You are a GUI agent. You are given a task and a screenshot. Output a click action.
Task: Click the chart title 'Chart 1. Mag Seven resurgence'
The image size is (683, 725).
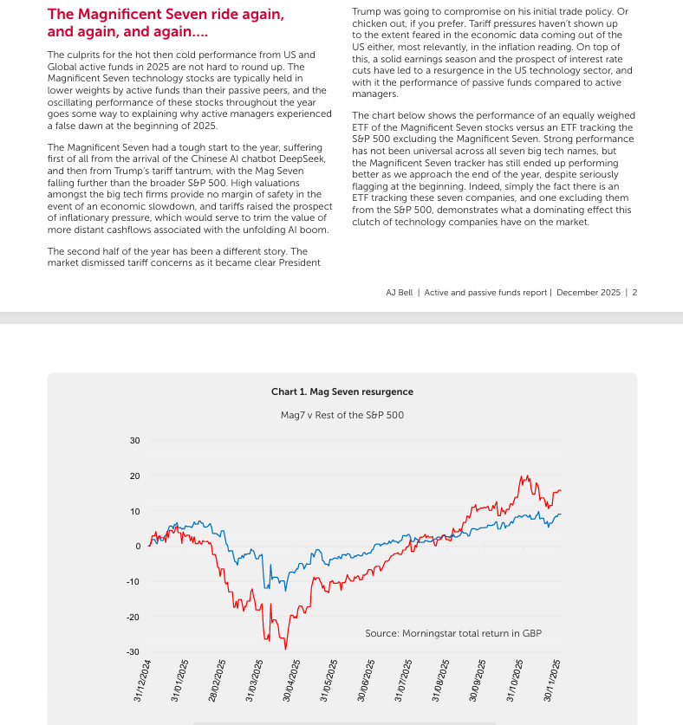(x=341, y=392)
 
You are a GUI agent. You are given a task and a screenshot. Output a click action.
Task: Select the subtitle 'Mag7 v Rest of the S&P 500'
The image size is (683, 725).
(x=341, y=415)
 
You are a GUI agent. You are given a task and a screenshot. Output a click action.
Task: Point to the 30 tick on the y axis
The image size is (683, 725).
(x=134, y=441)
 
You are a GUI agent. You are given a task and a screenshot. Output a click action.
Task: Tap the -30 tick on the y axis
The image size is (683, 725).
(x=133, y=651)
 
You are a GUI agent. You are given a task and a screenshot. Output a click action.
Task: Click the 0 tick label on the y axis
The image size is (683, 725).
(x=137, y=547)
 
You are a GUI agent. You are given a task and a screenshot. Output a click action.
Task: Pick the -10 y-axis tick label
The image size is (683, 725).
(x=133, y=581)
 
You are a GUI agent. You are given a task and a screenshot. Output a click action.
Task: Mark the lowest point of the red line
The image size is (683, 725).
(x=286, y=649)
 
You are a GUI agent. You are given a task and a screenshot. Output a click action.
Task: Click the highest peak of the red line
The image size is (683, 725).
(x=523, y=476)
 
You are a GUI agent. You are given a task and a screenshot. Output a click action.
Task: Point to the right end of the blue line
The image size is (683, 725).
(x=561, y=515)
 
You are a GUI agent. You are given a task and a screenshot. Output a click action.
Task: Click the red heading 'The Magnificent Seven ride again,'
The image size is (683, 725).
(x=166, y=15)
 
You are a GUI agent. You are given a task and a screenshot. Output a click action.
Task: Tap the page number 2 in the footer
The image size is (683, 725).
(x=634, y=293)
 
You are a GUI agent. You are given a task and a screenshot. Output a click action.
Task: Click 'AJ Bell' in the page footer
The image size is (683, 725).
(x=400, y=293)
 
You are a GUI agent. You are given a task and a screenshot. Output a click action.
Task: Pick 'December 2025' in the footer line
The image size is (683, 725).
(x=589, y=293)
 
